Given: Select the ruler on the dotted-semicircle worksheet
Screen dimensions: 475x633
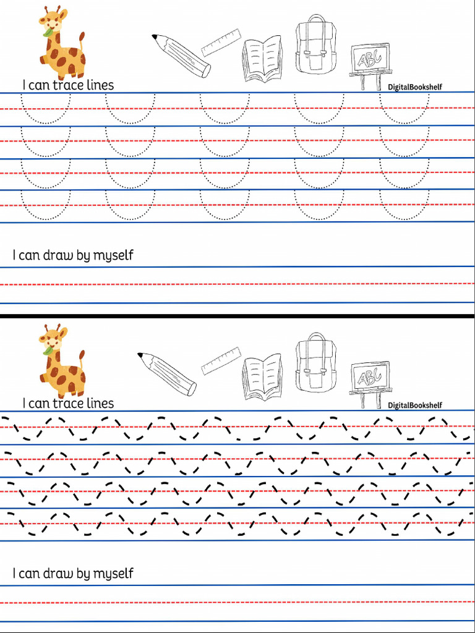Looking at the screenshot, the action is [221, 42].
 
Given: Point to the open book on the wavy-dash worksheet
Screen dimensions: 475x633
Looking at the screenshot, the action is [262, 377].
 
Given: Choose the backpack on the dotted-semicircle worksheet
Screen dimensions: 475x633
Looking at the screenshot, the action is [315, 46].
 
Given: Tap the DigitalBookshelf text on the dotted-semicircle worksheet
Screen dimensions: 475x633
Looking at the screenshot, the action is [415, 87].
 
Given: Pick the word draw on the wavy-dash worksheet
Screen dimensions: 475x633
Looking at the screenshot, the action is [58, 574].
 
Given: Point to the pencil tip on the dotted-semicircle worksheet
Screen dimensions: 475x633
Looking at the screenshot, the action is [155, 37].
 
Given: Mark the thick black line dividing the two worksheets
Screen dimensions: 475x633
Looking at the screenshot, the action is [237, 316].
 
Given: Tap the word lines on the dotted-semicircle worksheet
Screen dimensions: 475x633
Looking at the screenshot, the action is [100, 85].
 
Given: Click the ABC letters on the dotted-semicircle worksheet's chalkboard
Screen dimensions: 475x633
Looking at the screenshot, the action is [370, 58].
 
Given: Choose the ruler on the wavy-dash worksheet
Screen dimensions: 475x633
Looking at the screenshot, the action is [221, 360].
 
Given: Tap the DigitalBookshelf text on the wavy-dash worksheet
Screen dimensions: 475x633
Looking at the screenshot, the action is [415, 406].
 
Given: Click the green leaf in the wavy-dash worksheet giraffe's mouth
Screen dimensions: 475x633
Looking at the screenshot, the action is [47, 351].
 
